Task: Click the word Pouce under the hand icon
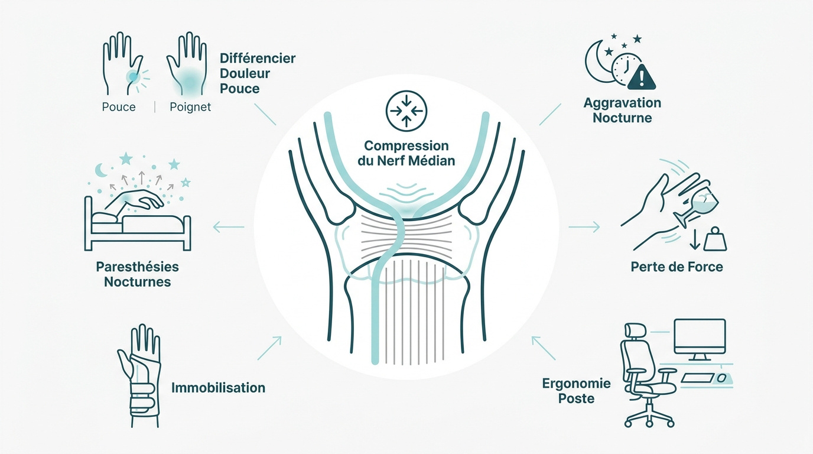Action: tap(119, 107)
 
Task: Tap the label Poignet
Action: tap(190, 107)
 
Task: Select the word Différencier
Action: tap(258, 58)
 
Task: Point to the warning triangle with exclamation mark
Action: tap(641, 77)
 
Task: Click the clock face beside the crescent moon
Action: tap(626, 69)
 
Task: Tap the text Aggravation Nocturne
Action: tap(622, 110)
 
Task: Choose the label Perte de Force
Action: tap(677, 267)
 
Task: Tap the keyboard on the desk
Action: tap(697, 378)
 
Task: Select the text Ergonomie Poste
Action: tap(576, 391)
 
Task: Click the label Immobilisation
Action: tap(218, 388)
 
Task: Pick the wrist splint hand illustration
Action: tap(139, 375)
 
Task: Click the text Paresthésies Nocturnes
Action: tap(137, 274)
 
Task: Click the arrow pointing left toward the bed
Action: tap(229, 228)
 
